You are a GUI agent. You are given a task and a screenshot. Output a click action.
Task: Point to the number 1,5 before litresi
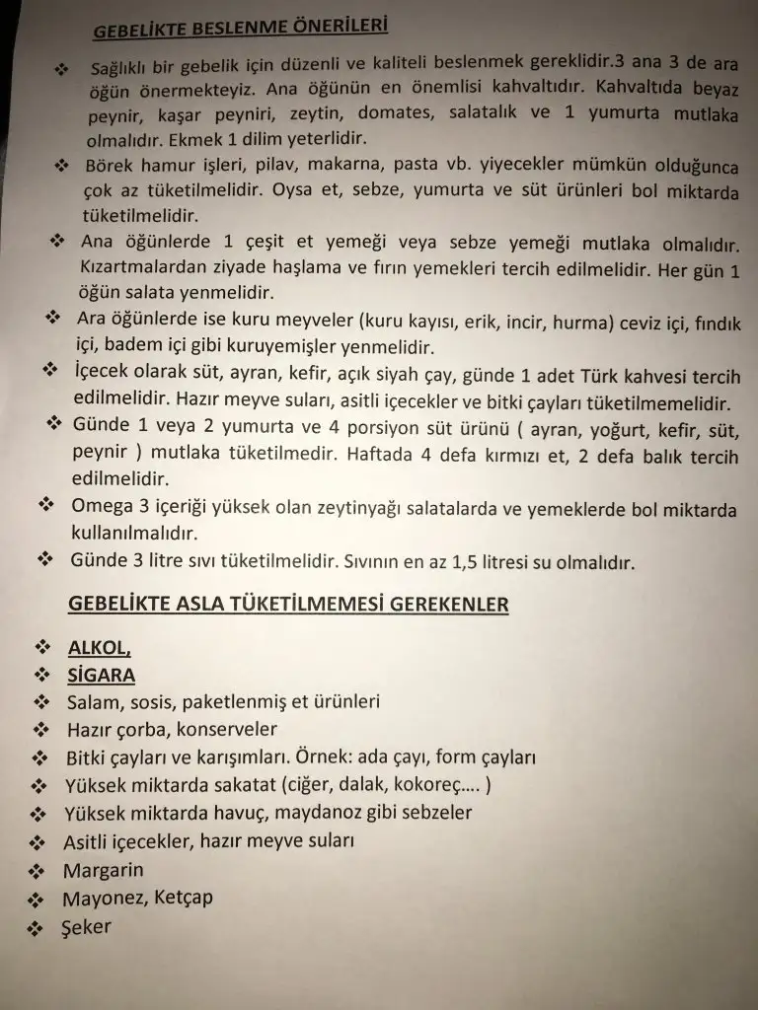tap(469, 563)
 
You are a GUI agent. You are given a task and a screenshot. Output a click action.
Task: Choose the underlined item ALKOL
tap(98, 649)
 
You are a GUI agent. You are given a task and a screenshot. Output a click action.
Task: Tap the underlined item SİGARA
tap(101, 676)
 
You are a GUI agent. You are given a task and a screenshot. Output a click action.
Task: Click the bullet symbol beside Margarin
tap(38, 871)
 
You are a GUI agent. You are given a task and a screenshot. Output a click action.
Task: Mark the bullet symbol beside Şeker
tap(37, 928)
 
